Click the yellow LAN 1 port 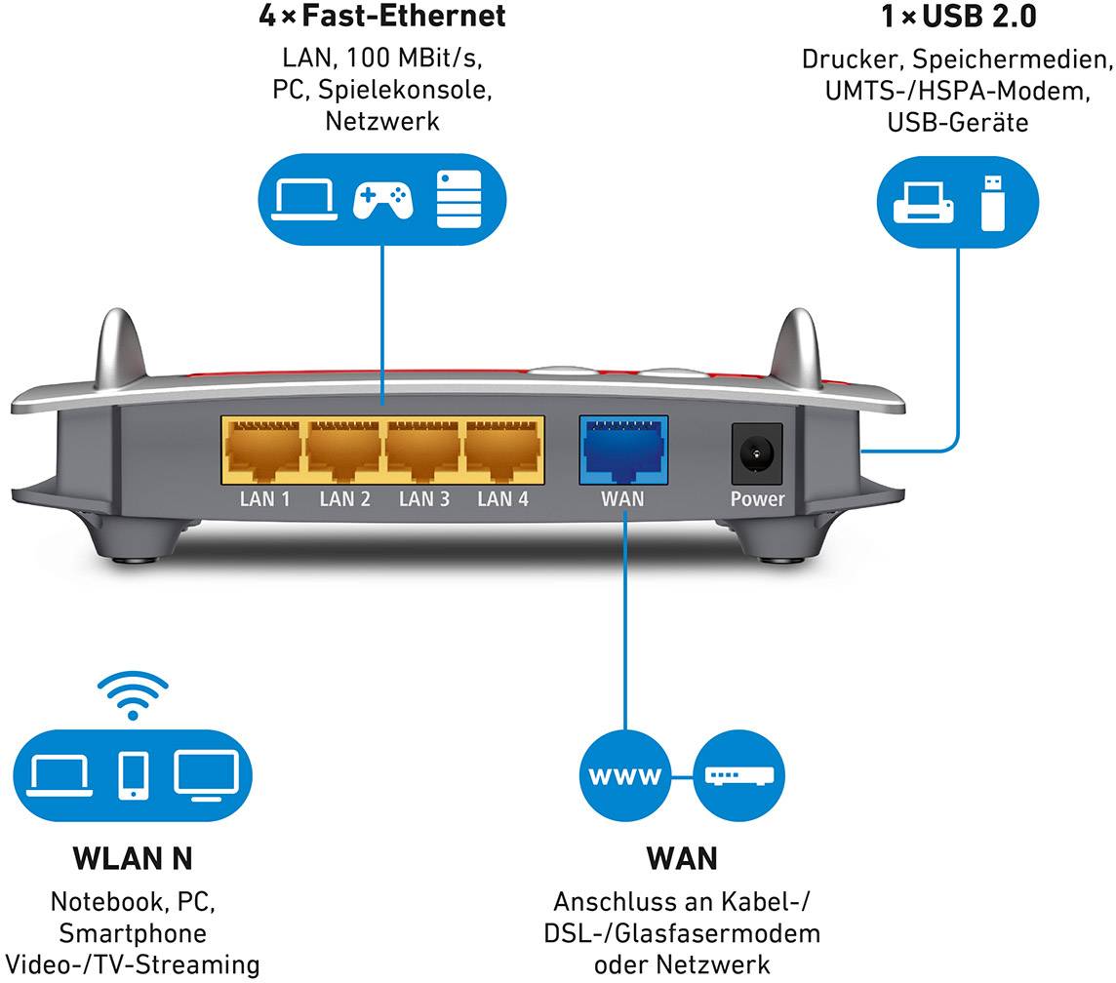click(262, 449)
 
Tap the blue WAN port click(623, 448)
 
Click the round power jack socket click(756, 452)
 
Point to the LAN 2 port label click(344, 500)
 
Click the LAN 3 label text click(424, 500)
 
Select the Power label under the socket click(757, 499)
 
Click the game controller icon click(381, 200)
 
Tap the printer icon click(922, 202)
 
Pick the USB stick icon click(991, 201)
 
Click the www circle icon click(624, 776)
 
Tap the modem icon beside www click(738, 776)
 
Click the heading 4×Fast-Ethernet click(381, 17)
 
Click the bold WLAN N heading click(133, 858)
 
